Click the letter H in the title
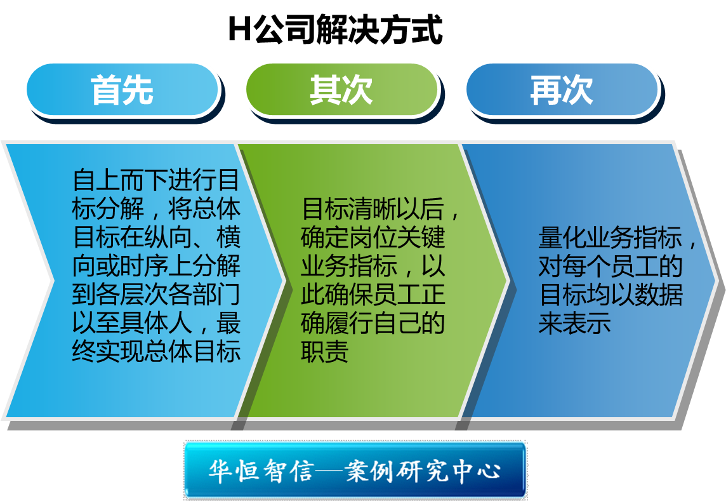click(240, 29)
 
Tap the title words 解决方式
click(379, 30)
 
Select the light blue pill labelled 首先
click(122, 90)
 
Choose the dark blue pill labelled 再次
click(562, 90)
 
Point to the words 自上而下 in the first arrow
click(120, 180)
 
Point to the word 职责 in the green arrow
click(325, 352)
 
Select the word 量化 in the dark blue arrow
click(562, 237)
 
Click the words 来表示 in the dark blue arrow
click(574, 323)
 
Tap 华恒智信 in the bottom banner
click(261, 471)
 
